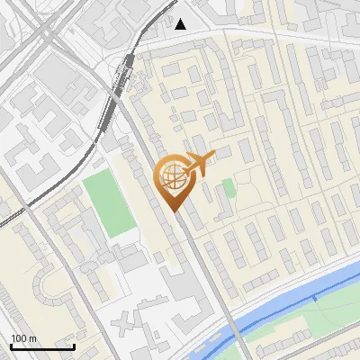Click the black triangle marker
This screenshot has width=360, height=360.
point(182,23)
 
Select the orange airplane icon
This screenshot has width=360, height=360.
point(202,162)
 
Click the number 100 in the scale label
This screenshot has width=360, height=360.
point(19,338)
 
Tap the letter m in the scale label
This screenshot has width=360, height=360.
point(32,338)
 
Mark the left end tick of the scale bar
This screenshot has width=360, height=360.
point(11,346)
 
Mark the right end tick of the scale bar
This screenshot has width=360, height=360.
point(74,346)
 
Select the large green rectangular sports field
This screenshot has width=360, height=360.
point(109,204)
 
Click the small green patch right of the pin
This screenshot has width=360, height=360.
point(229,188)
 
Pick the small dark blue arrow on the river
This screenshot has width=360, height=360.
point(316,297)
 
